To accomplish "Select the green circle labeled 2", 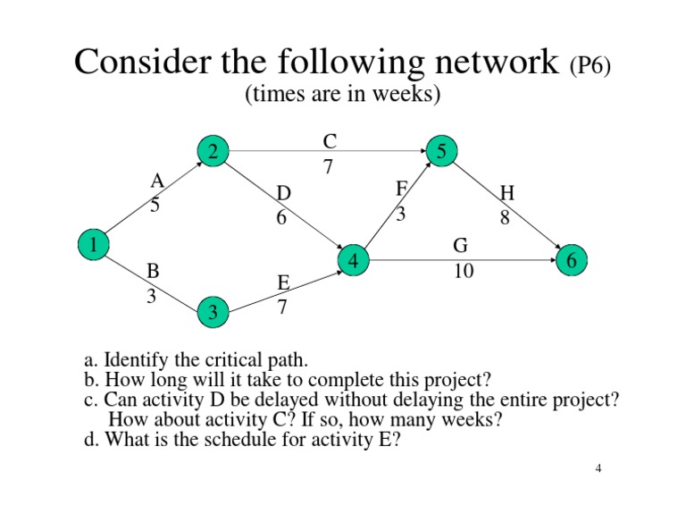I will tap(213, 153).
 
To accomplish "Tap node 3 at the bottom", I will tap(213, 312).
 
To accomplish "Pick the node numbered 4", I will tap(354, 261).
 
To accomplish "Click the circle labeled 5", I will tap(442, 152).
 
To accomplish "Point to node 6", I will tap(572, 260).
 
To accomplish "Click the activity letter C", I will tap(329, 141).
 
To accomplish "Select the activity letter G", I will tap(461, 246).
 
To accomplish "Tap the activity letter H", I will tap(507, 193).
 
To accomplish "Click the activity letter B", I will tap(153, 271).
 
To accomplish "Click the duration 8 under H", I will tap(505, 217).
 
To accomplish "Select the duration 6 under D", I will tap(281, 217).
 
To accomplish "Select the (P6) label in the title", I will tap(590, 67).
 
